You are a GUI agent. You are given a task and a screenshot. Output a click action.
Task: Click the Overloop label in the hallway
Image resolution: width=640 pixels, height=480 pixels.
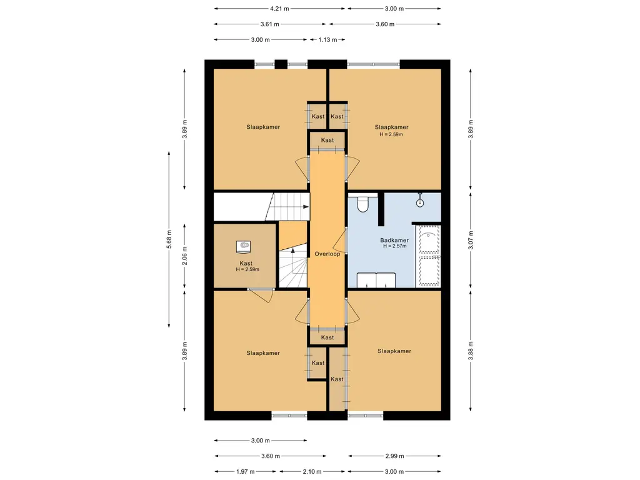tap(327, 254)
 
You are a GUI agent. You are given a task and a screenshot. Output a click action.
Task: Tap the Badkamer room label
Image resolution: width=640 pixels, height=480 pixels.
tap(394, 240)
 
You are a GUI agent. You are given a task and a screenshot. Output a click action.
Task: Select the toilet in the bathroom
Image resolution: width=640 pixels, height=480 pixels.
tap(362, 204)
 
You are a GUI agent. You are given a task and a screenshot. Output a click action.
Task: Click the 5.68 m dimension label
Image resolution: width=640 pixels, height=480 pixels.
tap(169, 239)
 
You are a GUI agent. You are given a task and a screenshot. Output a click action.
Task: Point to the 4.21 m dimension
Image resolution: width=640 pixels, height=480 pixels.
tap(279, 8)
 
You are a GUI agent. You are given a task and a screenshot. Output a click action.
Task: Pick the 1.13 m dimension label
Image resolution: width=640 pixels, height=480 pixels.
tap(327, 39)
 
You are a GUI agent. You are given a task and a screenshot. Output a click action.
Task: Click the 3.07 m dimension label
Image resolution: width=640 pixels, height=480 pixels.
tap(471, 240)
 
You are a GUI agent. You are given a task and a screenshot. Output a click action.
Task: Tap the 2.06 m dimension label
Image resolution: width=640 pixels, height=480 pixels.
tap(184, 256)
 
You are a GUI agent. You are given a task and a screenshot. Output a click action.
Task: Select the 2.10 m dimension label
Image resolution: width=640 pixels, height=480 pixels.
tap(312, 471)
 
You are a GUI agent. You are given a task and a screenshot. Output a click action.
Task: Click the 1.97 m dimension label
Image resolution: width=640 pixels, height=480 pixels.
tap(245, 471)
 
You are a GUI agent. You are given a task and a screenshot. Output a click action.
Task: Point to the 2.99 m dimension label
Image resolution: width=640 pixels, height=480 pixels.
tap(394, 456)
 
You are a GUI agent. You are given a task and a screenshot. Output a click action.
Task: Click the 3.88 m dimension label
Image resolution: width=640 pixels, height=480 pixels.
tap(471, 351)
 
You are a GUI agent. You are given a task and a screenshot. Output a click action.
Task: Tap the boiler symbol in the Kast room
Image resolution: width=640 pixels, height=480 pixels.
tap(243, 246)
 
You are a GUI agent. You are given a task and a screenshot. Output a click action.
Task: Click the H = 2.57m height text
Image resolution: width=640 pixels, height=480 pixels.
tap(395, 246)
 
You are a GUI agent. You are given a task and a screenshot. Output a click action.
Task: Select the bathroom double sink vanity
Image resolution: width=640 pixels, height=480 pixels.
tap(376, 281)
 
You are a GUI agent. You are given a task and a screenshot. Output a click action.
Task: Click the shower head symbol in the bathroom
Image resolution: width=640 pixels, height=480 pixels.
tap(420, 201)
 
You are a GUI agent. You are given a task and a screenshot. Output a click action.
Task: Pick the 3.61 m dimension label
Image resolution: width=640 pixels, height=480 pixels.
tap(270, 24)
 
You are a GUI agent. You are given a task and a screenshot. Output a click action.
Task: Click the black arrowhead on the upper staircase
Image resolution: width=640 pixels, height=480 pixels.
tap(306, 207)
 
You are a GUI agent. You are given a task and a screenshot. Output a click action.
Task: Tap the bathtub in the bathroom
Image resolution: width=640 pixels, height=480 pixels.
tap(428, 256)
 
